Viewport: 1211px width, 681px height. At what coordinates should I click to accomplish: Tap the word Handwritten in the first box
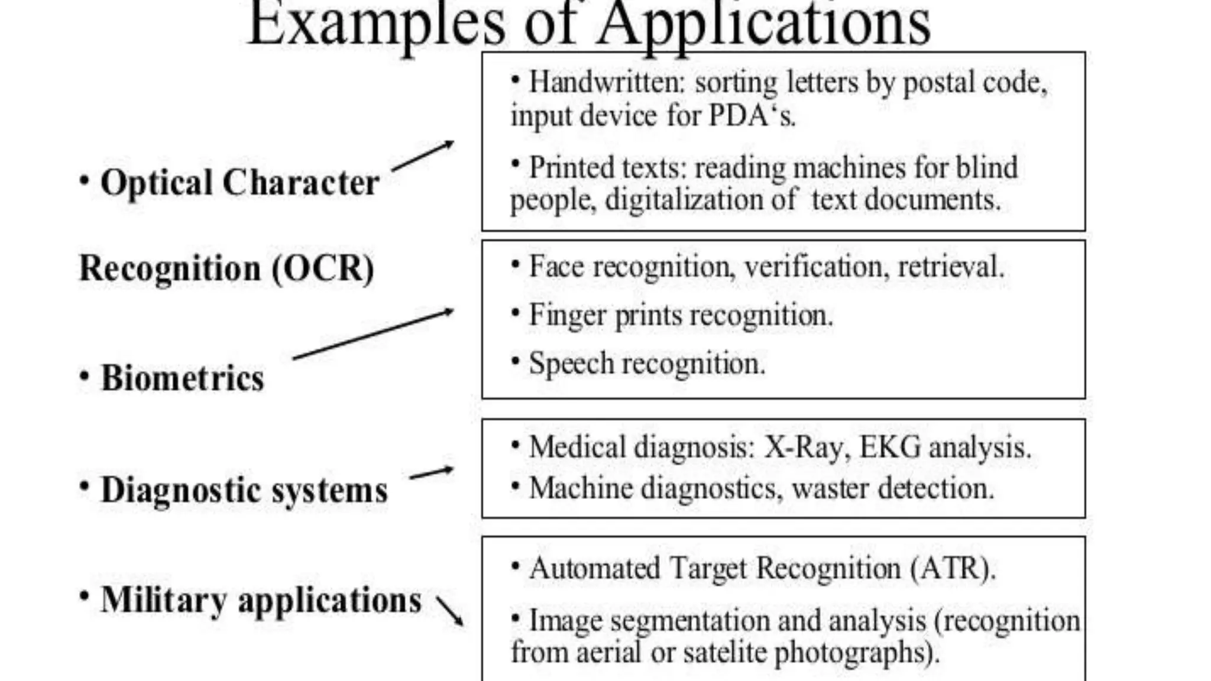point(605,82)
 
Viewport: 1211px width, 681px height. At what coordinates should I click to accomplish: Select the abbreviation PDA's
point(752,115)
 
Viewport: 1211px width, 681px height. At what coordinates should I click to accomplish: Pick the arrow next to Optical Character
point(422,156)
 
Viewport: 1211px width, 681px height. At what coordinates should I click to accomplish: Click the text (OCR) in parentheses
point(322,268)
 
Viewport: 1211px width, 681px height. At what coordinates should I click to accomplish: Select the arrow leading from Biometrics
point(373,334)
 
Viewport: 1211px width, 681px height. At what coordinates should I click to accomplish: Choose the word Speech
point(571,363)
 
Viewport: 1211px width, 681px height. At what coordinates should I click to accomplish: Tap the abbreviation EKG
point(890,447)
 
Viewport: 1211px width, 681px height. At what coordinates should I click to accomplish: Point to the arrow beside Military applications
point(450,611)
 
